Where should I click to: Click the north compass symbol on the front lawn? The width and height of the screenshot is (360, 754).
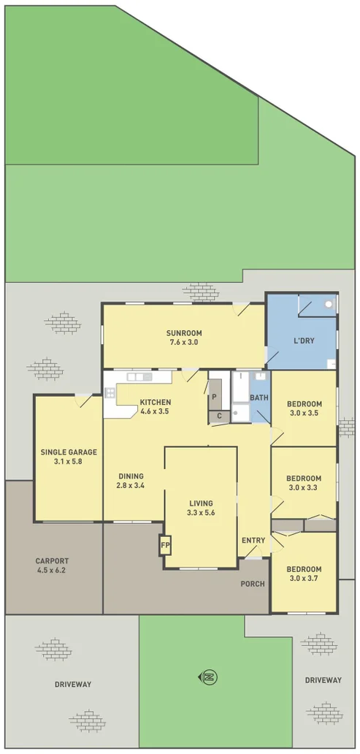click(210, 677)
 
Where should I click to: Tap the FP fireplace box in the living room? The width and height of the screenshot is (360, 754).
click(165, 545)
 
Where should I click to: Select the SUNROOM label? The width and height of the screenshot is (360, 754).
click(184, 333)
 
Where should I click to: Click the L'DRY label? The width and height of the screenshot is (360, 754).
click(304, 341)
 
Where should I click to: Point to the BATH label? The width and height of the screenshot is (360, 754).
click(258, 397)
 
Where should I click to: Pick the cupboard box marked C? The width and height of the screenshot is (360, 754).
click(219, 416)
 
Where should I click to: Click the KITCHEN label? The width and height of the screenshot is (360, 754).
click(155, 402)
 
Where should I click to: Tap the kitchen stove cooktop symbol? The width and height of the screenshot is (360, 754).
click(110, 393)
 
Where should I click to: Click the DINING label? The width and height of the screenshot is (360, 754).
click(131, 476)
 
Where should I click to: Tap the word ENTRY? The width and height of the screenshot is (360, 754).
click(253, 540)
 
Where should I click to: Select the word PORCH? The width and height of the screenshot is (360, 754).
click(253, 584)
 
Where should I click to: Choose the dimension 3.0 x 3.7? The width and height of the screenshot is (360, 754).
click(304, 579)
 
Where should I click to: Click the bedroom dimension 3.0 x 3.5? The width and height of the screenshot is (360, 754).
click(304, 414)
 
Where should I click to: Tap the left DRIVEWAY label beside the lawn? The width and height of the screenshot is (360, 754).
click(72, 685)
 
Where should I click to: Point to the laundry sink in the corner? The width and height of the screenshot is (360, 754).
click(329, 302)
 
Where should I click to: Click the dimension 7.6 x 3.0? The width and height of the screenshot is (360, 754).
click(184, 342)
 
